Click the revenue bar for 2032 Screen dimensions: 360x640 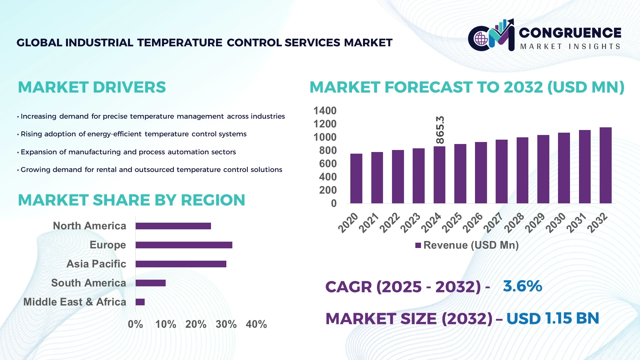click(605, 166)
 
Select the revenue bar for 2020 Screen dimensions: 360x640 click(356, 179)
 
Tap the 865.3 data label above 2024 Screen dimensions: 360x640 click(440, 130)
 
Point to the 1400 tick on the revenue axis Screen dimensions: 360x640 click(325, 111)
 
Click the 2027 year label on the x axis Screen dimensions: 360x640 click(494, 222)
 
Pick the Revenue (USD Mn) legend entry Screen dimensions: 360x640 click(467, 245)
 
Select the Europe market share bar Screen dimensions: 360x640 click(184, 245)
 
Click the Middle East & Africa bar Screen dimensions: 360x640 click(140, 302)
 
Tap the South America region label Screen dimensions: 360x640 click(89, 283)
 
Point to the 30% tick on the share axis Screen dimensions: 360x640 click(226, 324)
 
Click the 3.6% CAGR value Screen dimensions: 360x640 click(522, 286)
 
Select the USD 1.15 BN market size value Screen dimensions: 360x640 click(553, 318)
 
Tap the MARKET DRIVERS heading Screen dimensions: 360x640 click(92, 87)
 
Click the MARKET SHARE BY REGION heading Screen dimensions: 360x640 click(131, 200)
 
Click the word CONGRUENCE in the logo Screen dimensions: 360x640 click(570, 33)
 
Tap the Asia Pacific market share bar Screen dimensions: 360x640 click(181, 264)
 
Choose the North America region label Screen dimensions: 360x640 click(90, 226)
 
